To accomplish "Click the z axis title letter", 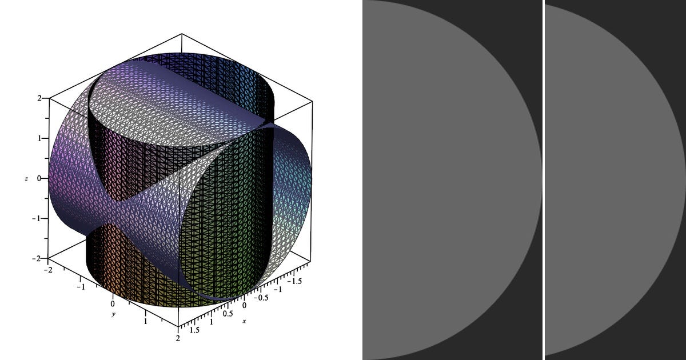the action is click(x=26, y=179).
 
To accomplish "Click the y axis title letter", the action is click(x=114, y=314).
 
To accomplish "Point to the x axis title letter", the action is click(x=244, y=321).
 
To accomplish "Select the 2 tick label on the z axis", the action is click(x=39, y=98).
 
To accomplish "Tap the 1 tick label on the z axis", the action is click(x=39, y=138).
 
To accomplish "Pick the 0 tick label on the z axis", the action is click(x=39, y=178).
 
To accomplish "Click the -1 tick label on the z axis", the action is click(x=37, y=218).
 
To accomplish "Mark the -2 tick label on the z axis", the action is click(x=37, y=259).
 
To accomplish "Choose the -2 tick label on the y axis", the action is click(x=48, y=269).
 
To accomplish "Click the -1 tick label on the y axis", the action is click(x=81, y=287).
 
